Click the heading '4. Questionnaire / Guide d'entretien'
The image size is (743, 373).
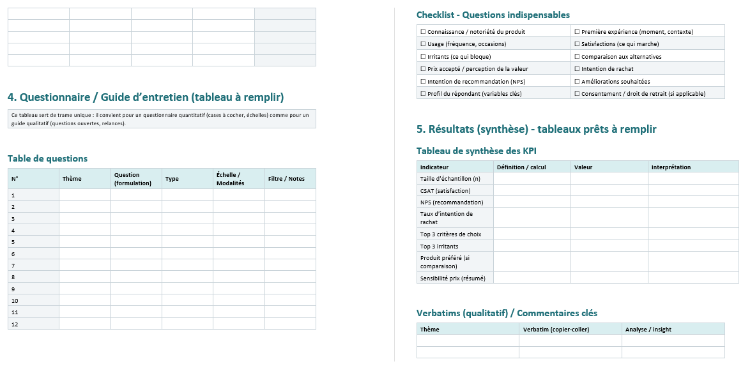click(x=146, y=97)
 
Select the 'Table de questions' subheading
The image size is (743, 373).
click(x=47, y=158)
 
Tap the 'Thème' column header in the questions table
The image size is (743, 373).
click(x=72, y=179)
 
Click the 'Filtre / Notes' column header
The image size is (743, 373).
click(x=286, y=179)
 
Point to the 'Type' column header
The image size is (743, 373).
click(x=172, y=179)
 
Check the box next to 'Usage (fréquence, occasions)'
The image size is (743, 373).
click(x=423, y=44)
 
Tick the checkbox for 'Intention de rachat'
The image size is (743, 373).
click(x=577, y=69)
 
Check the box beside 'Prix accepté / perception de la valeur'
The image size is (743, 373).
click(x=423, y=69)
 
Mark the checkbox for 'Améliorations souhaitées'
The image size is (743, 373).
click(x=577, y=82)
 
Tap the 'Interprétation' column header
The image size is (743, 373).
click(x=671, y=167)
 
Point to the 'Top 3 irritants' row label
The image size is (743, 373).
click(x=439, y=246)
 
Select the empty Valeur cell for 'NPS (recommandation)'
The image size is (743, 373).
click(x=609, y=202)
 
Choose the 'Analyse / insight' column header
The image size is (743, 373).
click(x=648, y=330)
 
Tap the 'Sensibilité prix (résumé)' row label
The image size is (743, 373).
click(x=452, y=278)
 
